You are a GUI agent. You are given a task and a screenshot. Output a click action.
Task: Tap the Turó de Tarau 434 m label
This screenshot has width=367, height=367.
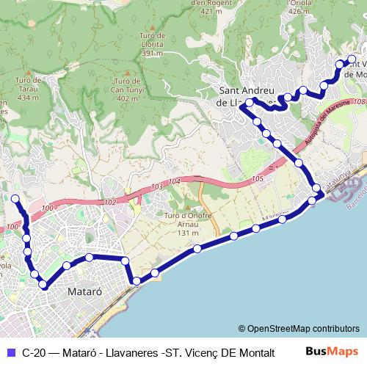point(26,88)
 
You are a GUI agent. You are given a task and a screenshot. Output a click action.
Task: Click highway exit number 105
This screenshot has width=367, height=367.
point(255,178)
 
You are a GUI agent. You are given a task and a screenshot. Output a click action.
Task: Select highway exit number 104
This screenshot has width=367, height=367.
point(173,181)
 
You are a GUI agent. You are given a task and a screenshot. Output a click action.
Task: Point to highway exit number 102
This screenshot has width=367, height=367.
point(109,202)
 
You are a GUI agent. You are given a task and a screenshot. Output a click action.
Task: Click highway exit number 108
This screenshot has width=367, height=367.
point(357,102)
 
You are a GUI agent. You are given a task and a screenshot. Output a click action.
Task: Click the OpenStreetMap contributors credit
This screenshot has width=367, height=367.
point(299,328)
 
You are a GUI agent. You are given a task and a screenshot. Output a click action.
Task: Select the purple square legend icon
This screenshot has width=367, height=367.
point(10,352)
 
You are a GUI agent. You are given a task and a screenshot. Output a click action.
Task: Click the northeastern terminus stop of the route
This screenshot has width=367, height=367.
point(352,59)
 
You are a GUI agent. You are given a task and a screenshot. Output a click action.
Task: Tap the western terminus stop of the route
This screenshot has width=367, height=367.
point(15,198)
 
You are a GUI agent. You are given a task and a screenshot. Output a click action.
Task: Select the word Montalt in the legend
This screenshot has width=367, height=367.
point(256,352)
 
